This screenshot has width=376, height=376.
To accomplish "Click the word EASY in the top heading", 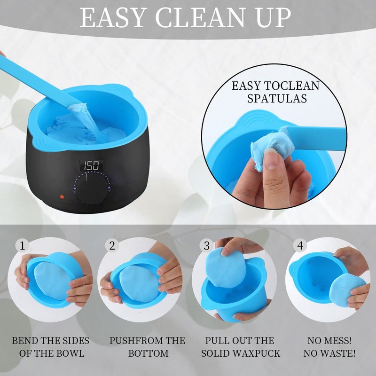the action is pyautogui.click(x=113, y=17).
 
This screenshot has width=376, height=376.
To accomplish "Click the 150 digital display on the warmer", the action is pyautogui.click(x=92, y=165).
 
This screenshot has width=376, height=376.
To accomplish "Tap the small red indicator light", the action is pyautogui.click(x=62, y=197).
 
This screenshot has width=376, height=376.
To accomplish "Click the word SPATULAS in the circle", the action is pyautogui.click(x=277, y=99).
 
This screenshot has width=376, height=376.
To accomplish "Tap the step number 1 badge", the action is pyautogui.click(x=22, y=246).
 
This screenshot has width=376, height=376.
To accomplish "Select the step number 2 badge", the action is pyautogui.click(x=112, y=246).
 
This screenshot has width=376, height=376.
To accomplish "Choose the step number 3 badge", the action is pyautogui.click(x=206, y=246).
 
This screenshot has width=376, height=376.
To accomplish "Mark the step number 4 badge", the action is pyautogui.click(x=300, y=246).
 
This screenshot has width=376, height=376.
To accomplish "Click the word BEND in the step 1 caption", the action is pyautogui.click(x=25, y=340).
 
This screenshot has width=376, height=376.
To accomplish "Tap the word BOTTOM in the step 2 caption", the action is pyautogui.click(x=148, y=353).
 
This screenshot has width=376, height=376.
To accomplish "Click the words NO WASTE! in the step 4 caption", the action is pyautogui.click(x=329, y=353).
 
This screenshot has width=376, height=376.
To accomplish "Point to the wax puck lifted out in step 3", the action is pyautogui.click(x=226, y=267).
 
